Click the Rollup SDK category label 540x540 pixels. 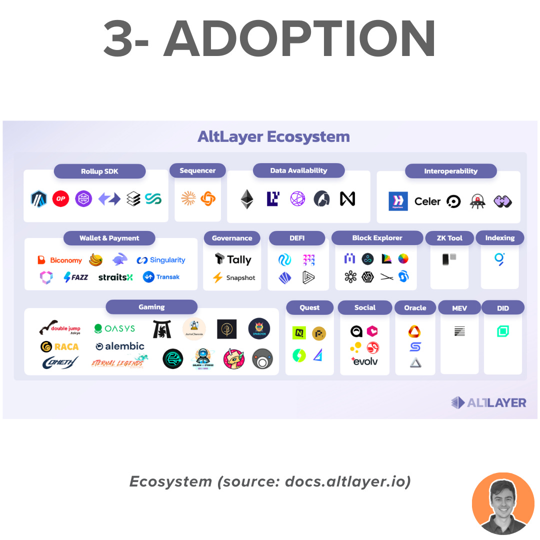pos(99,171)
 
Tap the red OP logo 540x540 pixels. pos(61,198)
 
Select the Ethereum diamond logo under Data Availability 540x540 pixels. pos(247,199)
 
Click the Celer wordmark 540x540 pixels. pos(427,201)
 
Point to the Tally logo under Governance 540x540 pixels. pos(233,259)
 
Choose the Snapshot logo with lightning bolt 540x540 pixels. pos(234,277)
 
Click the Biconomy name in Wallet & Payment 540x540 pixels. pos(60,260)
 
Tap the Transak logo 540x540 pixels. pos(161,277)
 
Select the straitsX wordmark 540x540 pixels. pos(115,277)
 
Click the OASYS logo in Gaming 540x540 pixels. pos(114,328)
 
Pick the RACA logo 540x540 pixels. pos(59,346)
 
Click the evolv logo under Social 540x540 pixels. pos(365,361)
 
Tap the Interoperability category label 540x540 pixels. pos(450,171)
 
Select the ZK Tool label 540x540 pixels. pos(449,238)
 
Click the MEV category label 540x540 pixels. pos(459,307)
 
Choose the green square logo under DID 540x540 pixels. pos(502,331)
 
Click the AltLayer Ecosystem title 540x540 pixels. pos(273,136)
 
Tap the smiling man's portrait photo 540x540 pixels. pos(503,503)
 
